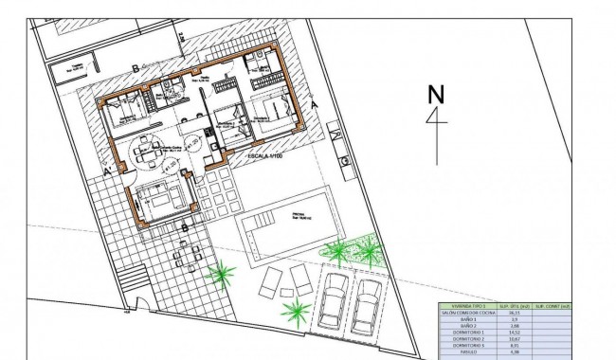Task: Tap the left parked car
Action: click(x=333, y=299)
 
